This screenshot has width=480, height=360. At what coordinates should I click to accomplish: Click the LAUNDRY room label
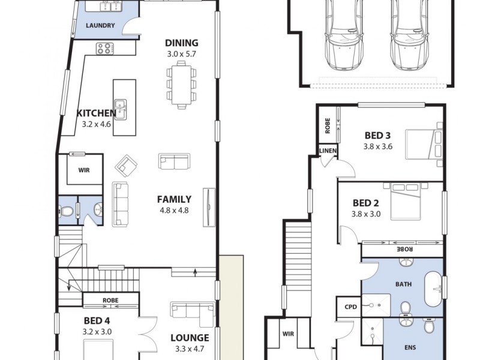pos(100,26)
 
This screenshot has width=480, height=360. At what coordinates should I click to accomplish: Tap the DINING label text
pos(181,43)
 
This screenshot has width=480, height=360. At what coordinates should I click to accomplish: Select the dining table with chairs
pos(182,85)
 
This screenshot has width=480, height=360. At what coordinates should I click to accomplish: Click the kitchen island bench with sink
pos(121,107)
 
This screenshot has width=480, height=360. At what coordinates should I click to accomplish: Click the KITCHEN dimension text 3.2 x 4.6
pos(97,125)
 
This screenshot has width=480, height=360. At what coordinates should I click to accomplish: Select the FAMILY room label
pos(175,199)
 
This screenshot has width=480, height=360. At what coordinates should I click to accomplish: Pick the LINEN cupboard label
pos(328,151)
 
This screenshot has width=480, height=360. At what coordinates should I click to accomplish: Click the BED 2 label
pos(366,203)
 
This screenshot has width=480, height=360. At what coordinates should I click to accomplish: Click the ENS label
pos(410,347)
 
